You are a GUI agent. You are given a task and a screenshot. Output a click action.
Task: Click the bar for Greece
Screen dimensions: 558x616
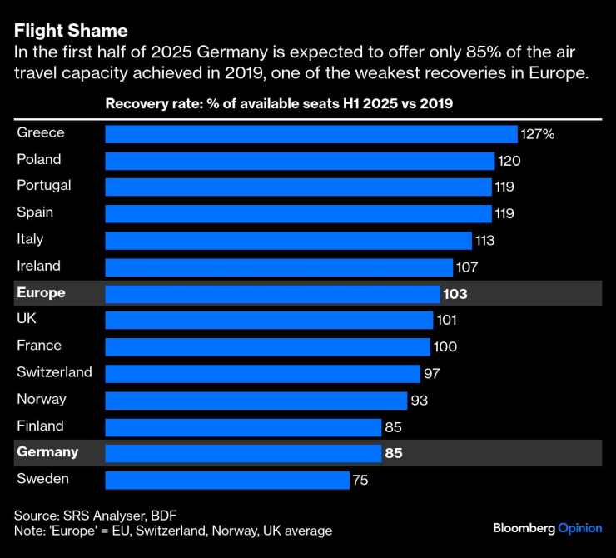[310, 134]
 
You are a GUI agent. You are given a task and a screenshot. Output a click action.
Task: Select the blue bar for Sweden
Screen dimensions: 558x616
[226, 481]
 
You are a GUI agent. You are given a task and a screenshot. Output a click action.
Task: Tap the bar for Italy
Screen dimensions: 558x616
[288, 241]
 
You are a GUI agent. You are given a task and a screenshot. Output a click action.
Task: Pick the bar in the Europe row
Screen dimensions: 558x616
[272, 294]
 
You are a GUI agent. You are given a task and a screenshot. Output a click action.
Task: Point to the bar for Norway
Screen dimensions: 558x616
[256, 401]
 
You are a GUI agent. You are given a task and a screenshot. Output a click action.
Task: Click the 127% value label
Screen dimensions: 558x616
[538, 134]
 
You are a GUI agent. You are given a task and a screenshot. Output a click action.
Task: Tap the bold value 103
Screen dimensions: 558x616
[455, 294]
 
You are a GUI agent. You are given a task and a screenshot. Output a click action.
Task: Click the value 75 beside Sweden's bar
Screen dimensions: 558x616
[360, 481]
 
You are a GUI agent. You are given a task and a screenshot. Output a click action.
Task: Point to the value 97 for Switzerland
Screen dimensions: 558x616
[431, 374]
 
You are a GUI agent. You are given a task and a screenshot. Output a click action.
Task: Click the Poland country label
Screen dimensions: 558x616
[39, 159]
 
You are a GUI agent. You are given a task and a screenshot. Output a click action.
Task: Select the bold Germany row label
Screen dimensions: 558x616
[47, 452]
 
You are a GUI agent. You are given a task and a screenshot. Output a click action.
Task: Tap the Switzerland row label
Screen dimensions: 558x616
[54, 372]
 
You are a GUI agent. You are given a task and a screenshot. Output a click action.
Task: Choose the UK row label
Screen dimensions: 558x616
[27, 319]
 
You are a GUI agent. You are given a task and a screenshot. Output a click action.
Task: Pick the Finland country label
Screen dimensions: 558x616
[40, 426]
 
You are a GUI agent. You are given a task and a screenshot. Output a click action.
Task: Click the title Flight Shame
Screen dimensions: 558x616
[71, 31]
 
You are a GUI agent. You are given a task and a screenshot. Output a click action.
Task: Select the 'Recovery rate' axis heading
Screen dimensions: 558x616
[279, 104]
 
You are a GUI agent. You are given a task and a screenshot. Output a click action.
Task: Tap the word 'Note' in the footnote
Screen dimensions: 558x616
[29, 531]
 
